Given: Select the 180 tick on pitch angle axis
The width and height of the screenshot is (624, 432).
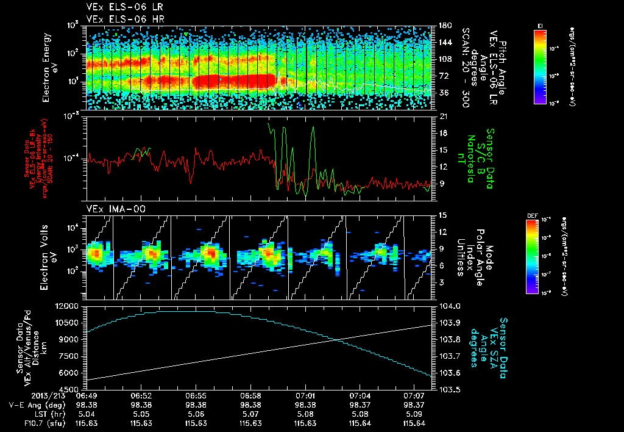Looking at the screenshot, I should pyautogui.click(x=444, y=26).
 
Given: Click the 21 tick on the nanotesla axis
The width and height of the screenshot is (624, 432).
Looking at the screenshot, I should pyautogui.click(x=443, y=116).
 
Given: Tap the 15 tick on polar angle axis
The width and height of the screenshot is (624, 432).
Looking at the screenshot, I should pyautogui.click(x=443, y=215).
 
